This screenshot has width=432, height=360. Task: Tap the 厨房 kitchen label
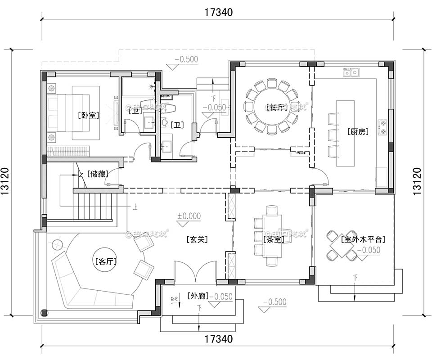click(x=358, y=132)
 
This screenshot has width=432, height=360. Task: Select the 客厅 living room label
click(x=105, y=261)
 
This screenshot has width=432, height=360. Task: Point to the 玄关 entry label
click(x=197, y=239)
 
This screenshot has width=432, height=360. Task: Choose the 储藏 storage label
click(x=98, y=173)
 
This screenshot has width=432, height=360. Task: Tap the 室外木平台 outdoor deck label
click(x=363, y=239)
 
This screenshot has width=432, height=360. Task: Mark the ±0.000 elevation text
click(x=189, y=216)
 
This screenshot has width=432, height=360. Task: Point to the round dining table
click(x=271, y=107)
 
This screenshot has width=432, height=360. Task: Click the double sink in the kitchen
click(x=351, y=72)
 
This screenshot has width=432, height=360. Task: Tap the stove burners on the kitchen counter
click(x=383, y=127)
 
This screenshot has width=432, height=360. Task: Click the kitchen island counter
click(x=345, y=134)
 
